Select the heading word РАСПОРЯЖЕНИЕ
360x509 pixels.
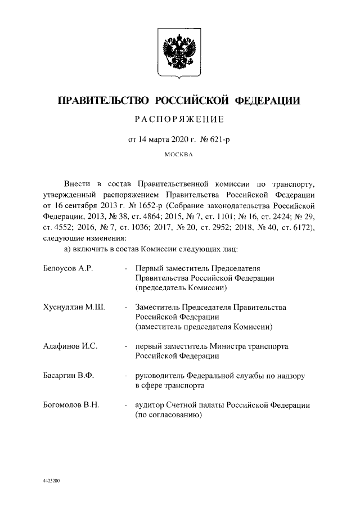click(x=179, y=119)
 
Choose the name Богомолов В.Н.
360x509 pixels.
click(x=71, y=406)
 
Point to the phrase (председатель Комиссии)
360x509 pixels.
click(x=181, y=287)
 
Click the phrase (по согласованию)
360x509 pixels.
click(x=168, y=416)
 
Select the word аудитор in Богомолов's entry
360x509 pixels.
click(x=149, y=406)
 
